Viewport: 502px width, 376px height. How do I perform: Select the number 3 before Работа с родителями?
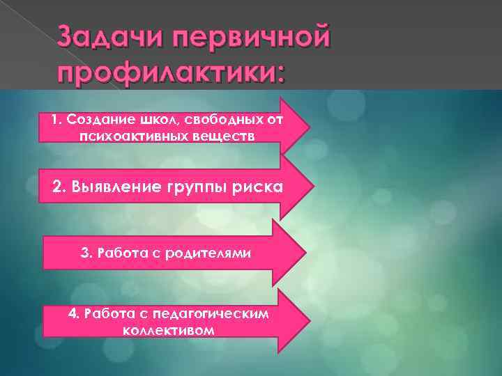click(86, 251)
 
